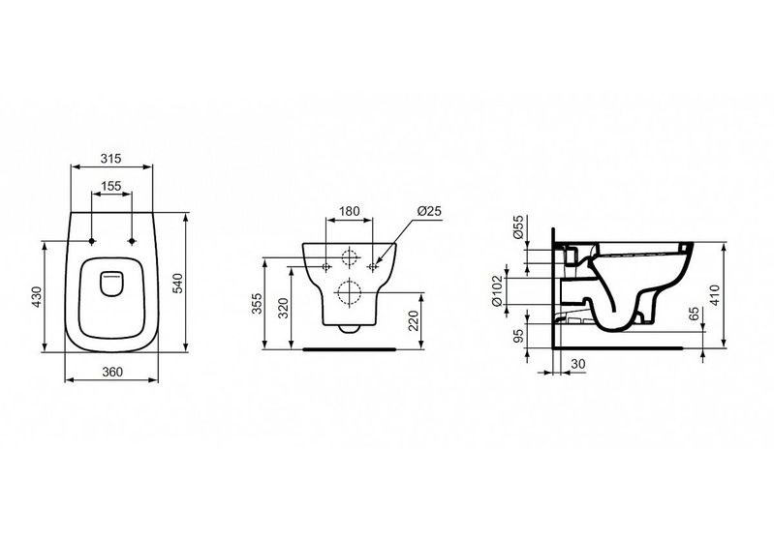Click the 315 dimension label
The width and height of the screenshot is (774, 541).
tap(111, 159)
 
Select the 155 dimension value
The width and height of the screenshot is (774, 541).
tap(111, 186)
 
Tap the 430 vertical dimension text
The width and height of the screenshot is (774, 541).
tap(39, 297)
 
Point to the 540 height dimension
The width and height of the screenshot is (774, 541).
tap(177, 283)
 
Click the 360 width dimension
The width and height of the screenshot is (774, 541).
tap(112, 372)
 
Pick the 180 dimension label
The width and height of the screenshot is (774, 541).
tap(349, 211)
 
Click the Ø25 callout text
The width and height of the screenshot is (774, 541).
tap(428, 211)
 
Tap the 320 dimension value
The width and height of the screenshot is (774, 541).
tap(283, 309)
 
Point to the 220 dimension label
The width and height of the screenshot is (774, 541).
tap(415, 321)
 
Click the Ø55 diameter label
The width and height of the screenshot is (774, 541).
tap(518, 226)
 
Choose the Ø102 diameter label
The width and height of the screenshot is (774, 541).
tap(498, 291)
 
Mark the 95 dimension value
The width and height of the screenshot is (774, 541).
tap(518, 337)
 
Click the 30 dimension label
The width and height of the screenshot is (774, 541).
tap(577, 364)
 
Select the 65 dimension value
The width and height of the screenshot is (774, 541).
tap(694, 314)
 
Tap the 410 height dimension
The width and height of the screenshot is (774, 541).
tap(716, 295)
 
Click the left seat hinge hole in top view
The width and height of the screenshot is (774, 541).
tap(92, 241)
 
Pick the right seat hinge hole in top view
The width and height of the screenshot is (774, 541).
tap(132, 241)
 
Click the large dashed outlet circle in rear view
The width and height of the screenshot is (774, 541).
tap(349, 292)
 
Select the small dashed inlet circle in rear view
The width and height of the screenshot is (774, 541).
tap(349, 256)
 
